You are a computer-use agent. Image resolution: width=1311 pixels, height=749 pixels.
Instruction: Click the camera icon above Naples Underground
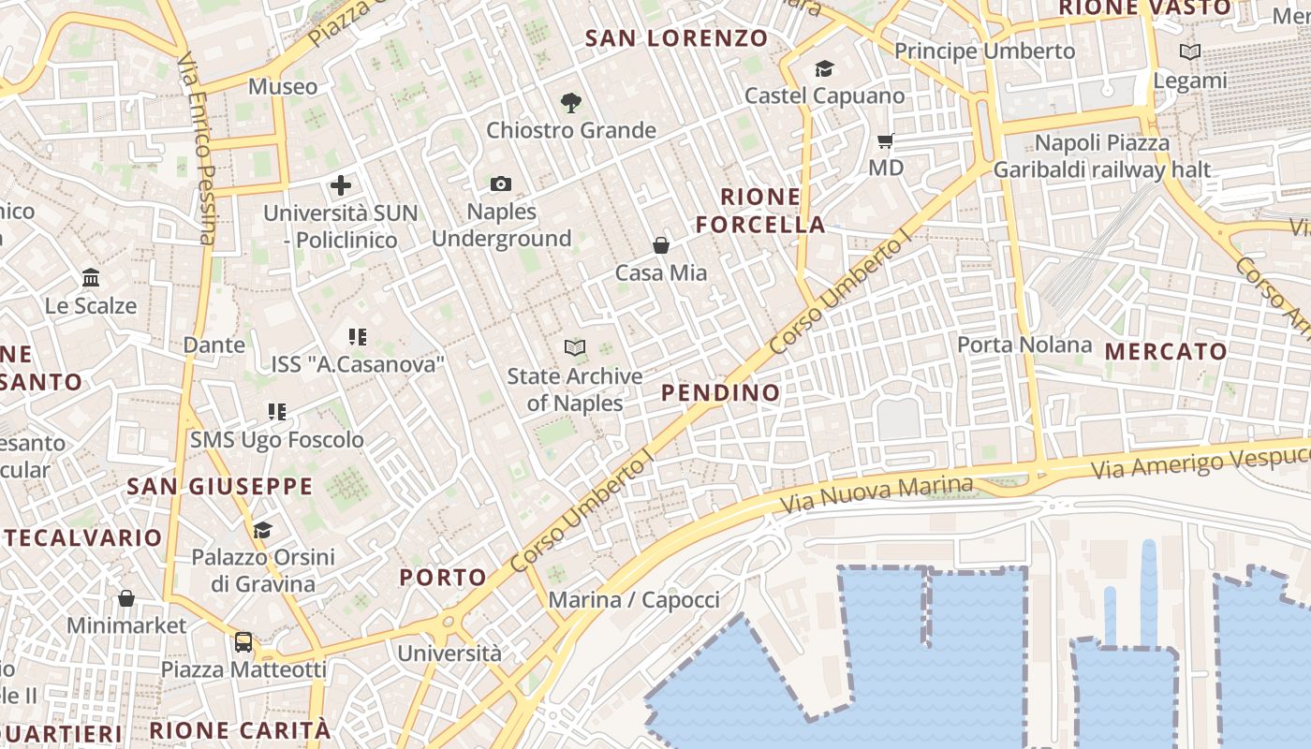(501, 184)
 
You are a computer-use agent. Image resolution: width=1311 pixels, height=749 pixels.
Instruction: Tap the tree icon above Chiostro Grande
(570, 103)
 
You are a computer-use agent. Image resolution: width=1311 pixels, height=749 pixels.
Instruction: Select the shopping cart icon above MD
(885, 141)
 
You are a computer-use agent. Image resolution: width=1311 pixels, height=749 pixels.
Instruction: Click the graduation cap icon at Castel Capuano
(824, 68)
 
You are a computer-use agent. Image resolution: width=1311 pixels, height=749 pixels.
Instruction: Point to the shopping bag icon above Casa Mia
(661, 245)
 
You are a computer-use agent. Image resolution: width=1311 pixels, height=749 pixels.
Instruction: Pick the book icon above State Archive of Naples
(575, 348)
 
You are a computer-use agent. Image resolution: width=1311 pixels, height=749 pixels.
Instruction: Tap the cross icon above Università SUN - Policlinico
(341, 185)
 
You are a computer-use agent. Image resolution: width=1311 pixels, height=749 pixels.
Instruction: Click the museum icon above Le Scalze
(91, 278)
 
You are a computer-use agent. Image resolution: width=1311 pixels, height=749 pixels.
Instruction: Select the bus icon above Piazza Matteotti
(243, 642)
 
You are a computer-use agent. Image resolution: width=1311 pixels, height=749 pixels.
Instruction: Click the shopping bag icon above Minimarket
(126, 597)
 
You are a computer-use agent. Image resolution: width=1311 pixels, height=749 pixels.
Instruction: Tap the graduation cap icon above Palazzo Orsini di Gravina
(262, 530)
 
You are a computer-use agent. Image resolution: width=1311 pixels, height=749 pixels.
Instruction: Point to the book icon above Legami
(1190, 52)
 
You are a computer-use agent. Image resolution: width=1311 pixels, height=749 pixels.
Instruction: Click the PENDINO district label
(721, 393)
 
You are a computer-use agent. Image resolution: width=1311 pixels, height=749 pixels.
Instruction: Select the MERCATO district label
(1166, 352)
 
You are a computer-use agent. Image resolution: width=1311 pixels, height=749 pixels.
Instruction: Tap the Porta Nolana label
(1024, 345)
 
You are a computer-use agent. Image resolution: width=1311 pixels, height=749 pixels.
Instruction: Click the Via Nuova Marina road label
(877, 494)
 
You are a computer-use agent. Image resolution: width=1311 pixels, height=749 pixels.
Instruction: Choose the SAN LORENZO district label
(677, 38)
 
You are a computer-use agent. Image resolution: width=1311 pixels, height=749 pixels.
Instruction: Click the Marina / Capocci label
(634, 600)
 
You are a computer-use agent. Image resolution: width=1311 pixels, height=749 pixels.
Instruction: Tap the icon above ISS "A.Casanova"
(357, 336)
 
